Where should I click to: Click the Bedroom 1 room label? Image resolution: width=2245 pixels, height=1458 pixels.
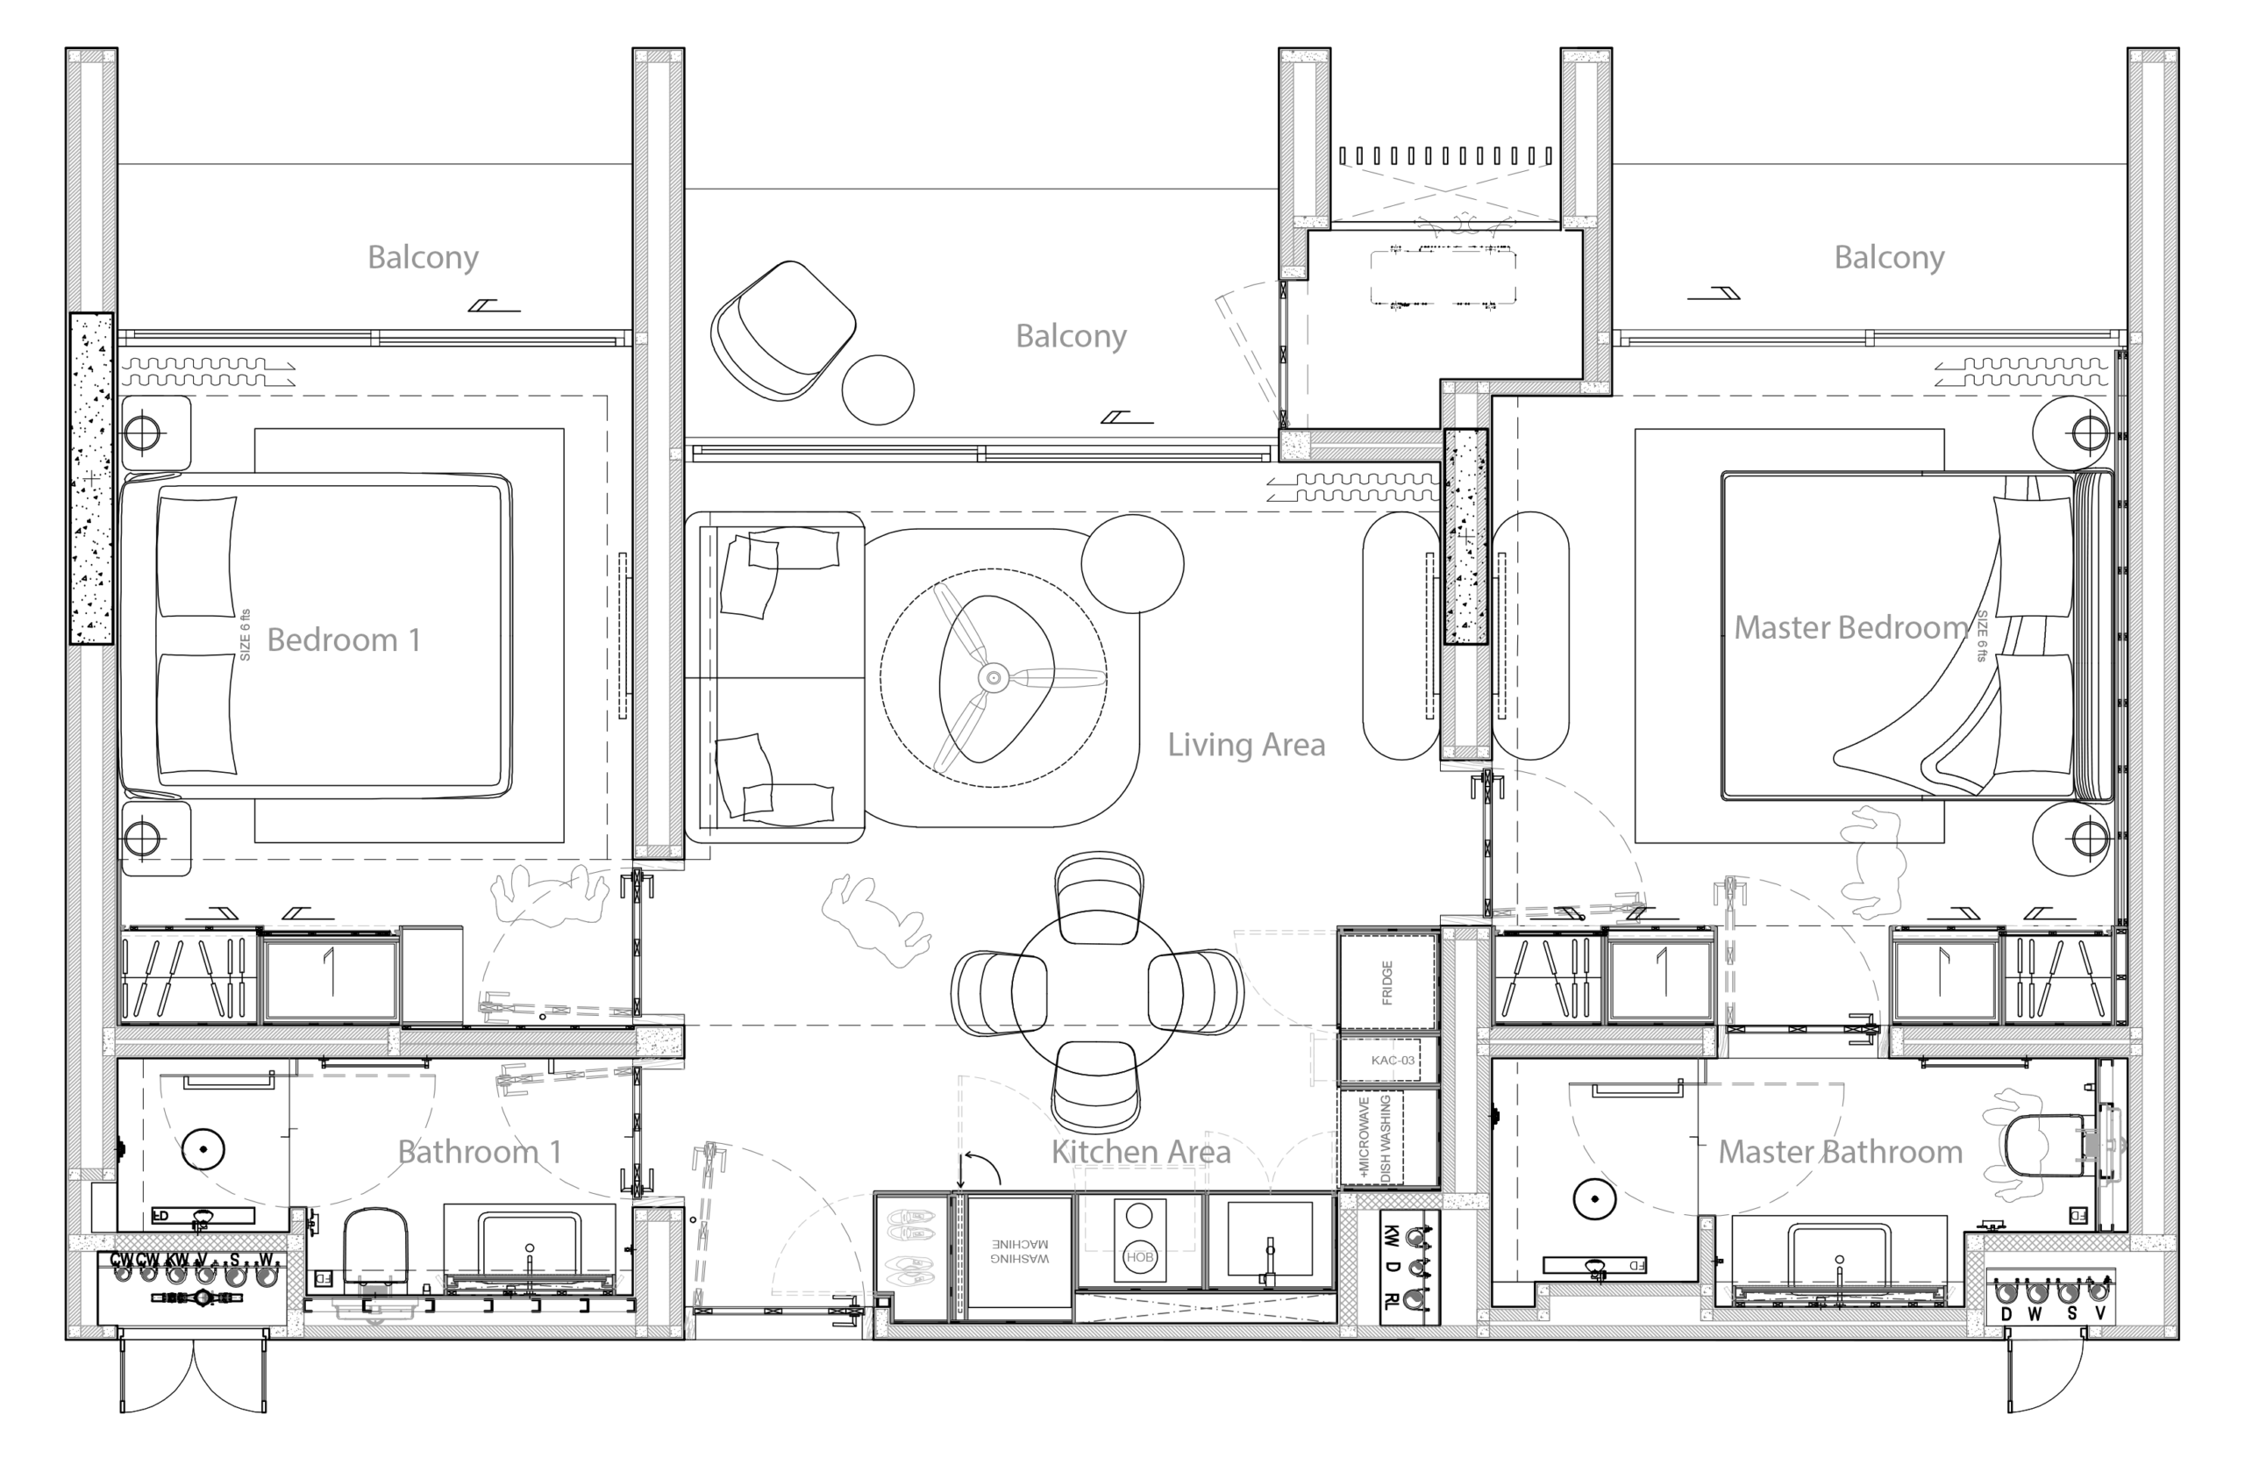pos(344,640)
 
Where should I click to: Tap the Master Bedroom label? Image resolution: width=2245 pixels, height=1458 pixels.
pos(1850,627)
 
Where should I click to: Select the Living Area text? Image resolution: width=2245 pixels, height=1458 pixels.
pos(1246,745)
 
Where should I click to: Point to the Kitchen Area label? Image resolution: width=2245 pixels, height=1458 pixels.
pos(1140,1151)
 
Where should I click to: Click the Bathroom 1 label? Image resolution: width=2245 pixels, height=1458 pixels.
pos(478,1151)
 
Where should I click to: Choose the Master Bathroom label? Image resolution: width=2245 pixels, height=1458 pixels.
pos(1839,1151)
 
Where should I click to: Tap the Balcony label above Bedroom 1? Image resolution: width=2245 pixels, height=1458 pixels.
pos(423,257)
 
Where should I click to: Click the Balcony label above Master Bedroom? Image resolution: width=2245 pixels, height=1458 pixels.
pos(1888,257)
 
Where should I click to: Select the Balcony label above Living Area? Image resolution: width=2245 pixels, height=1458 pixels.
pos(1071,335)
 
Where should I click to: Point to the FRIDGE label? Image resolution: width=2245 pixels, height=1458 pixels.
pos(1387,983)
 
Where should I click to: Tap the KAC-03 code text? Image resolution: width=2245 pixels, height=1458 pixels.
pos(1393,1060)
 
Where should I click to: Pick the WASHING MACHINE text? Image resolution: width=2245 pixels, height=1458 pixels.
pos(1020,1250)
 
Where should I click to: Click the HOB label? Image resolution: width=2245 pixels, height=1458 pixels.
pos(1139,1257)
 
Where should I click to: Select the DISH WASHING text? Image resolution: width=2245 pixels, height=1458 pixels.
pos(1386,1138)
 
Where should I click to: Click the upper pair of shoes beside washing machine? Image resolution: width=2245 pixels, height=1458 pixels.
pos(910,1226)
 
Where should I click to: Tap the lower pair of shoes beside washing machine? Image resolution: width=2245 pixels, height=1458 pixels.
pos(910,1271)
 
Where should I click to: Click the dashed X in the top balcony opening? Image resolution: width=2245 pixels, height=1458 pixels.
pos(1444,191)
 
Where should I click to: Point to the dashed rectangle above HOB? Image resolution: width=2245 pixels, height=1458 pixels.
pos(1139,1209)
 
